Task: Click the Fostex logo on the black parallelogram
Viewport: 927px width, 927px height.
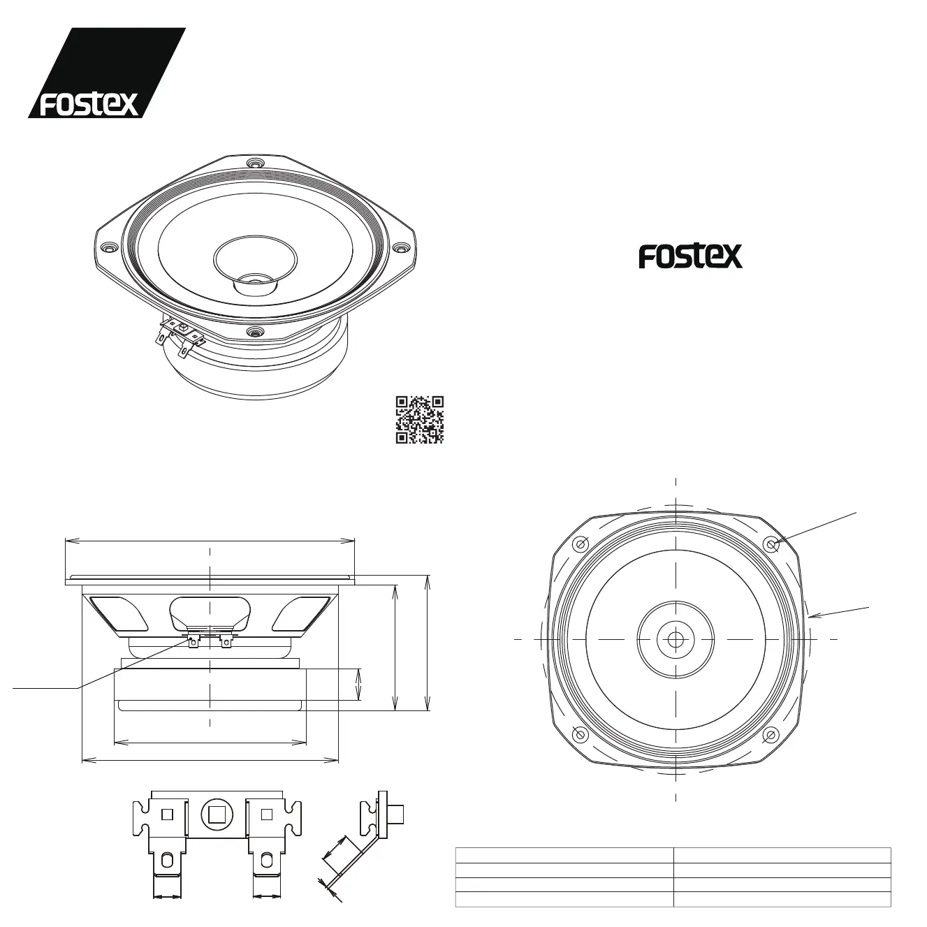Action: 89,103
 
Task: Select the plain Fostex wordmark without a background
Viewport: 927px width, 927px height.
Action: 690,256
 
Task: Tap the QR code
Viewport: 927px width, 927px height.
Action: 420,420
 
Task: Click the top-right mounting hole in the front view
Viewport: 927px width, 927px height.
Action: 771,543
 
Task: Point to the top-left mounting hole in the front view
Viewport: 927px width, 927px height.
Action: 581,544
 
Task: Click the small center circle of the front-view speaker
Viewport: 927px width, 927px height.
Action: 676,638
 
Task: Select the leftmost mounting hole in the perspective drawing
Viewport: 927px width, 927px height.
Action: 108,247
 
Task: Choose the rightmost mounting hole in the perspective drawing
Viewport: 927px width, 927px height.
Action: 400,247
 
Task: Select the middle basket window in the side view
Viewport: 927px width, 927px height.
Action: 210,611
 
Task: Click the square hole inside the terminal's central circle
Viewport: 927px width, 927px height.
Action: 216,815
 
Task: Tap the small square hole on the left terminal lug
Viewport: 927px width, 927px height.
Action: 167,814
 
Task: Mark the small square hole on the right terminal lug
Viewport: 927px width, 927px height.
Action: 265,814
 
